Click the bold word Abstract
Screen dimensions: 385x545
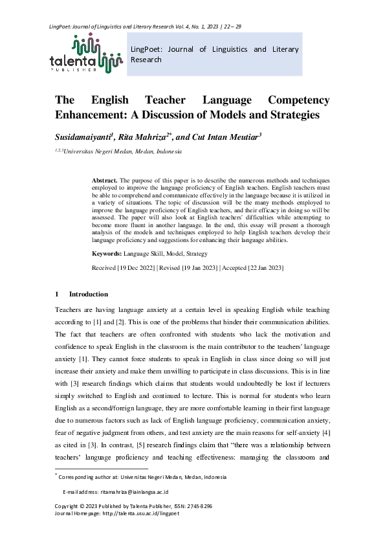click(x=104, y=179)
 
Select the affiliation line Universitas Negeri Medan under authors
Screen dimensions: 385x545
click(x=122, y=151)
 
